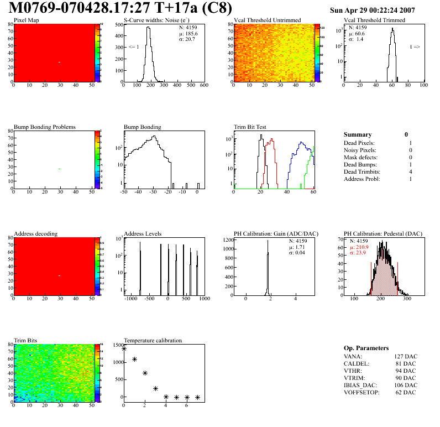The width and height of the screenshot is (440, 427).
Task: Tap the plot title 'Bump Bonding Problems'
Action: pyautogui.click(x=45, y=127)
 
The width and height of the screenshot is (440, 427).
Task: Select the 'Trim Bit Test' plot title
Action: pyautogui.click(x=250, y=127)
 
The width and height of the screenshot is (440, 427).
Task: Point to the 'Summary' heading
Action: pyautogui.click(x=358, y=134)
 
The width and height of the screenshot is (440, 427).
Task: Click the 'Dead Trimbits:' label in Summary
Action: pyautogui.click(x=363, y=172)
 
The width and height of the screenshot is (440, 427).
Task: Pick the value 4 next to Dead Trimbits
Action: pyautogui.click(x=410, y=172)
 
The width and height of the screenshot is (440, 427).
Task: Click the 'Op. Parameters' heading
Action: pyautogui.click(x=366, y=348)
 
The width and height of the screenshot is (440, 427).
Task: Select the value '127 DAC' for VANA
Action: pyautogui.click(x=405, y=356)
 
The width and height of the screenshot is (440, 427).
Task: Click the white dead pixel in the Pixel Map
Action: pyautogui.click(x=59, y=62)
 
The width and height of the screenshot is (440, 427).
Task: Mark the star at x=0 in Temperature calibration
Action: pyautogui.click(x=124, y=348)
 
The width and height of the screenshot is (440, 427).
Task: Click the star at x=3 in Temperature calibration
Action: pyautogui.click(x=156, y=388)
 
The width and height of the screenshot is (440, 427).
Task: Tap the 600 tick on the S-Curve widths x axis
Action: pyautogui.click(x=203, y=86)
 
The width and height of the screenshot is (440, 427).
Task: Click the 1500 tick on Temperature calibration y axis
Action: pyautogui.click(x=117, y=345)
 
